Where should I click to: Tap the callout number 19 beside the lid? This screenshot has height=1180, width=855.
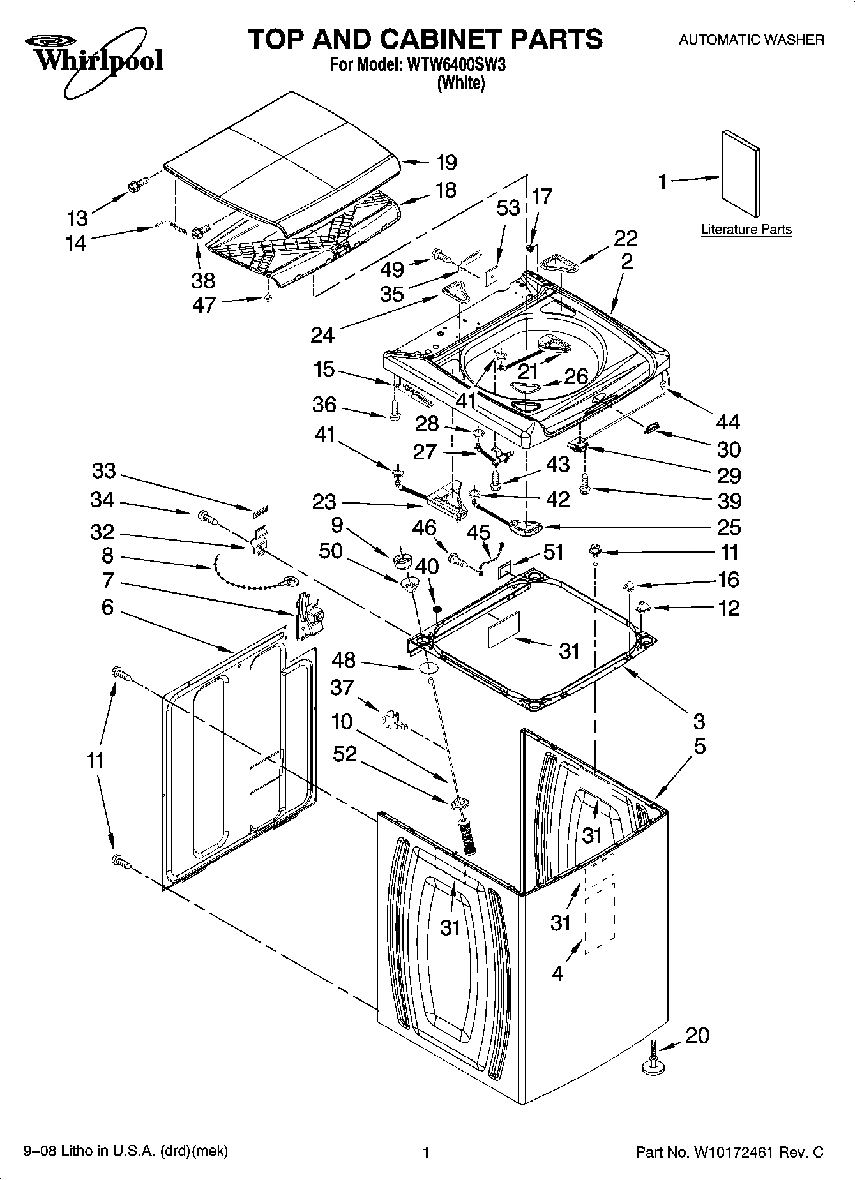point(446,163)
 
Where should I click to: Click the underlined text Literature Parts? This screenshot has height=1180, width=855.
point(746,230)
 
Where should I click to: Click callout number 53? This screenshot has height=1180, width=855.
point(508,208)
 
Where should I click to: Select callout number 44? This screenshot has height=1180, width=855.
point(728,422)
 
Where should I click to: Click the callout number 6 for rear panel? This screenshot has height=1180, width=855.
point(107,607)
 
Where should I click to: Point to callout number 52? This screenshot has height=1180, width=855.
point(345,754)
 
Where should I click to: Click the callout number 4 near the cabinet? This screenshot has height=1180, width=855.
point(557,974)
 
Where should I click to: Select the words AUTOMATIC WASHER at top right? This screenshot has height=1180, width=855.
point(751,40)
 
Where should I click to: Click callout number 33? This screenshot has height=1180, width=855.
point(103,471)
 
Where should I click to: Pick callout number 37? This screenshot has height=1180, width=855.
point(342,687)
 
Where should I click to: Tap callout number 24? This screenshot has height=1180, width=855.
point(323,334)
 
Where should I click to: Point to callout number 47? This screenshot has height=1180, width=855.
point(204,305)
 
